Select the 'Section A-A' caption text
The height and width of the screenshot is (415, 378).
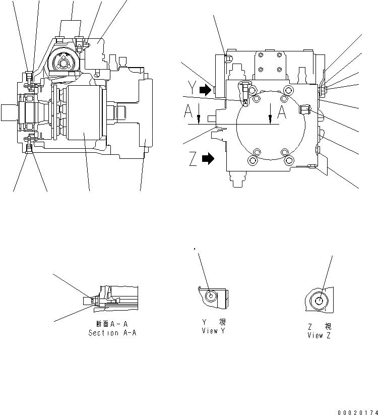click(x=111, y=333)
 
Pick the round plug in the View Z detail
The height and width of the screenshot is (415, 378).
click(x=321, y=302)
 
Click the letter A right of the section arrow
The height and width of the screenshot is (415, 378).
click(x=282, y=112)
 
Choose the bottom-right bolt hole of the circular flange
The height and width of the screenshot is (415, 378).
click(x=288, y=161)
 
